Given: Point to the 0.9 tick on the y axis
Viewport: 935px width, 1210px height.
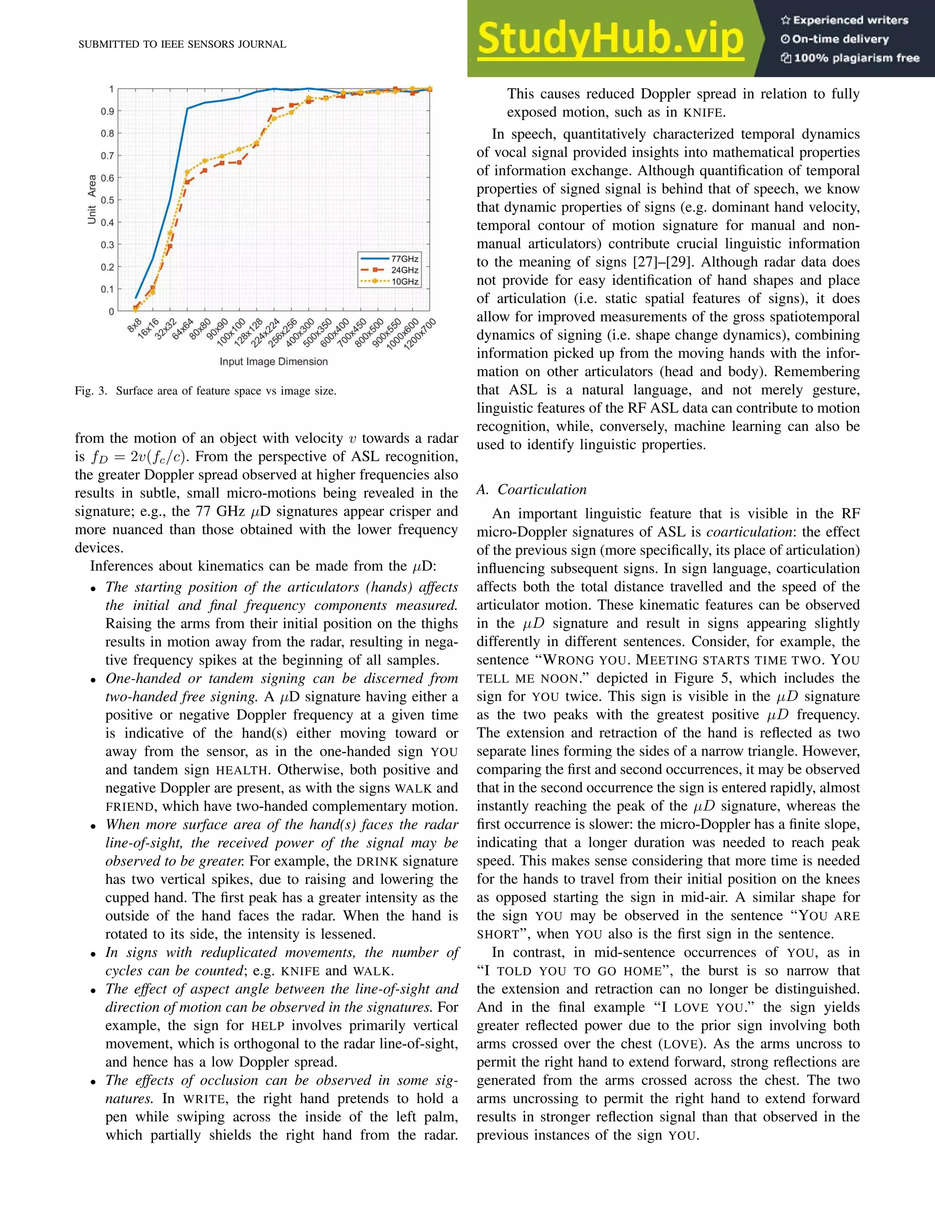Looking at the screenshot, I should (107, 111).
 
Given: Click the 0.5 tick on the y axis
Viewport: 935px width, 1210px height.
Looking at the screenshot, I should (107, 200).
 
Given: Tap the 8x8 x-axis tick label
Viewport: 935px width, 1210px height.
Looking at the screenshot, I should (135, 325).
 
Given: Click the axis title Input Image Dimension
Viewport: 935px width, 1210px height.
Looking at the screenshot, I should (273, 362).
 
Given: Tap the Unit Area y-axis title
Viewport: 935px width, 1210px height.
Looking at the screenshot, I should (92, 200).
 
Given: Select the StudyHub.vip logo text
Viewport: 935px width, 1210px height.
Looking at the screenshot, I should (610, 39).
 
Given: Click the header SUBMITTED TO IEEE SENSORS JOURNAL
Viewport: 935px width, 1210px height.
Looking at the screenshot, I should (182, 44).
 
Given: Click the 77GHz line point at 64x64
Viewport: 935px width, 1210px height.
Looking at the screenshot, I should (187, 109).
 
